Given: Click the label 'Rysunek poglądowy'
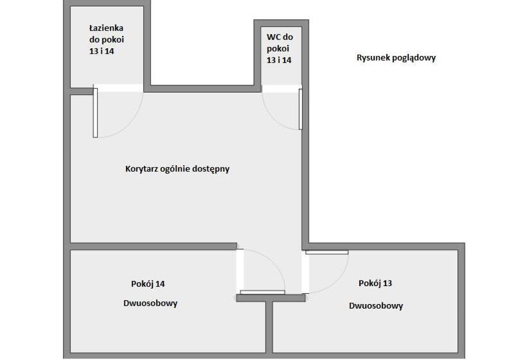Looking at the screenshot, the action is click(396, 58).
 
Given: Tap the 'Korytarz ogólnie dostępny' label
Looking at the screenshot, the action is click(177, 168).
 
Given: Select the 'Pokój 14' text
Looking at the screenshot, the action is click(148, 283).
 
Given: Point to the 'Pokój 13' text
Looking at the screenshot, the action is click(375, 283).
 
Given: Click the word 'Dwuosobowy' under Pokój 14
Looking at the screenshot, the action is click(150, 303).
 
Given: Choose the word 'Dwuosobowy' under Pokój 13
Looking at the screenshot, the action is click(376, 306).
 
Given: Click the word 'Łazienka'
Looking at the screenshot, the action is click(106, 28).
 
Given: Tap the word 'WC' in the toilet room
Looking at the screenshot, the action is click(273, 37).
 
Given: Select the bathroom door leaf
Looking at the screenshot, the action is click(96, 113).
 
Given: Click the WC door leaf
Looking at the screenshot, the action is click(301, 109).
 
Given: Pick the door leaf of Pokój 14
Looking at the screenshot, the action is click(262, 292).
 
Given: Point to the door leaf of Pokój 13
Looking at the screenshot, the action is click(326, 252).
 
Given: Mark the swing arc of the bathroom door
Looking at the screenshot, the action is click(129, 123).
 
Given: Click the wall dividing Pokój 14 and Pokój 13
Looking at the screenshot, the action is click(269, 327).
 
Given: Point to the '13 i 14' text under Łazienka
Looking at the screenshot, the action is click(102, 51).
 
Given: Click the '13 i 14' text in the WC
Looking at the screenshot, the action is click(279, 60).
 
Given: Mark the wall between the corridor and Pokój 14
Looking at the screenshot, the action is click(153, 246).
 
